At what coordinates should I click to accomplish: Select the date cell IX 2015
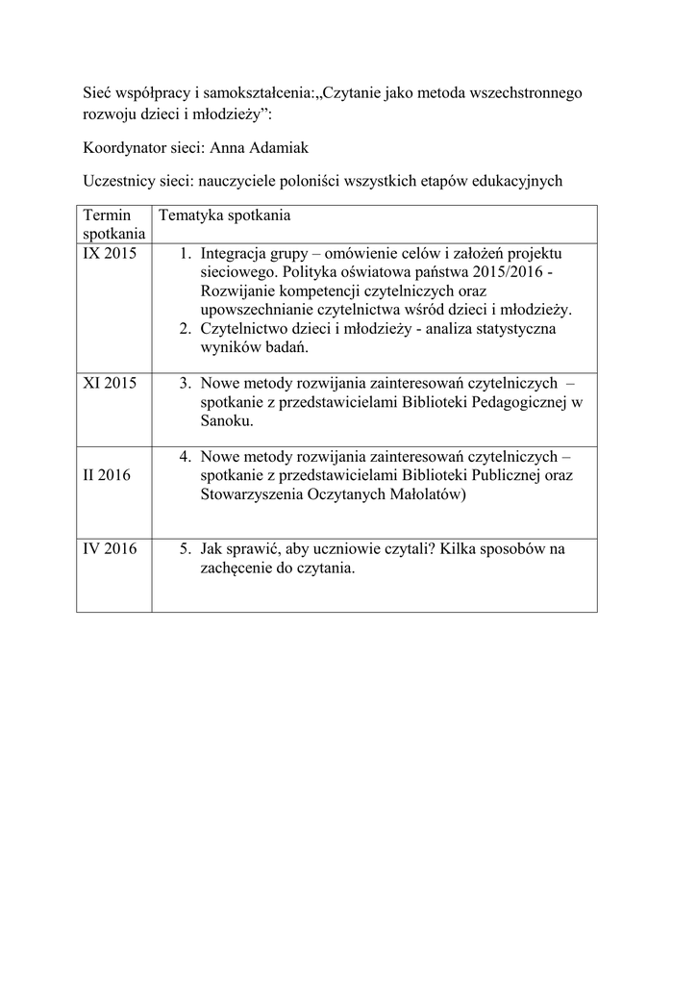(110, 254)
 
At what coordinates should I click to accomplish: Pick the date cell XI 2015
(110, 383)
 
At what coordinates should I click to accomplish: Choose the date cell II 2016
(108, 475)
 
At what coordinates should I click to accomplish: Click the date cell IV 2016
(111, 549)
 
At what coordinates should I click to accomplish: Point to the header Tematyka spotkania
(225, 215)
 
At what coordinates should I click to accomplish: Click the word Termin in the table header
(106, 215)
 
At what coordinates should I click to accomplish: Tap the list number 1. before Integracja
(187, 254)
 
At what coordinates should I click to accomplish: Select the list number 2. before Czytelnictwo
(187, 329)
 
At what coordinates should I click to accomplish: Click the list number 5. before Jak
(187, 549)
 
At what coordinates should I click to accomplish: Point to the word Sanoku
(228, 421)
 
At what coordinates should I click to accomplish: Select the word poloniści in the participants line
(322, 180)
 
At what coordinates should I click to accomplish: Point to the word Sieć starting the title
(96, 94)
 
